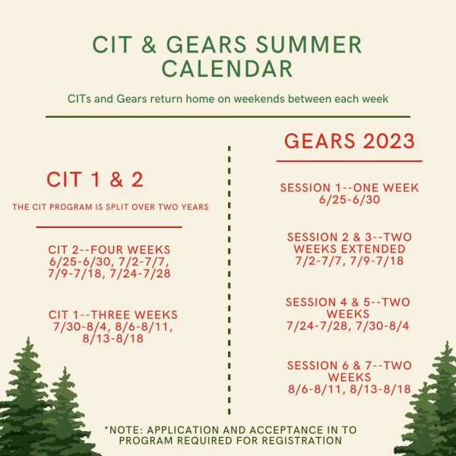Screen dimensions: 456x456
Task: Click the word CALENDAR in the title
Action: (x=227, y=68)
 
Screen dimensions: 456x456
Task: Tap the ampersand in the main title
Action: (x=149, y=45)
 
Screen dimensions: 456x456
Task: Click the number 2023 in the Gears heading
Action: (x=389, y=141)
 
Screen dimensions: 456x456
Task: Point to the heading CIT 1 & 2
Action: (x=95, y=179)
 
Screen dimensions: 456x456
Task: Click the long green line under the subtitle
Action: (x=228, y=117)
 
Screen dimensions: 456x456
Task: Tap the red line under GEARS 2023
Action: (x=350, y=161)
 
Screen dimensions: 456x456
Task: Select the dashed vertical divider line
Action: (x=230, y=280)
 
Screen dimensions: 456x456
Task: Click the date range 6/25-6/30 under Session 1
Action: (x=350, y=200)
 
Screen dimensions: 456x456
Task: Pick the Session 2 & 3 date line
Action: (x=350, y=261)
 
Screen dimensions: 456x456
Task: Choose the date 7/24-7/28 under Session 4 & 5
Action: (x=317, y=326)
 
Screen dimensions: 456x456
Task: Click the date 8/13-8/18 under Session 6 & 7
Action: (x=381, y=389)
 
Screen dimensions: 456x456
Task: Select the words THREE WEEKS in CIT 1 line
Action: (x=135, y=315)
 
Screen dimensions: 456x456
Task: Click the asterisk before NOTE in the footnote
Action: (x=106, y=428)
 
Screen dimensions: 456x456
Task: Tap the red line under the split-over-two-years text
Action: (x=109, y=227)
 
